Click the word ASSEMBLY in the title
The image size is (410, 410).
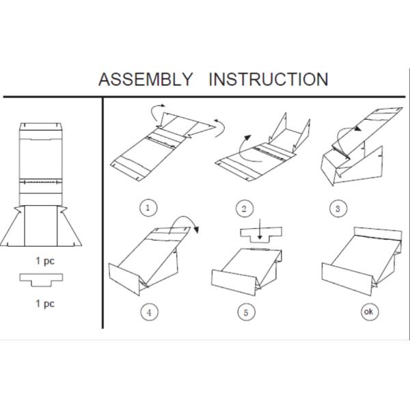[x=145, y=79]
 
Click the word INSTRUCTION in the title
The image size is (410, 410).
[x=268, y=79]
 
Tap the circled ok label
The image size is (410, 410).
[x=370, y=312]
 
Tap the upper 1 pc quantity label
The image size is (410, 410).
[x=45, y=261]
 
